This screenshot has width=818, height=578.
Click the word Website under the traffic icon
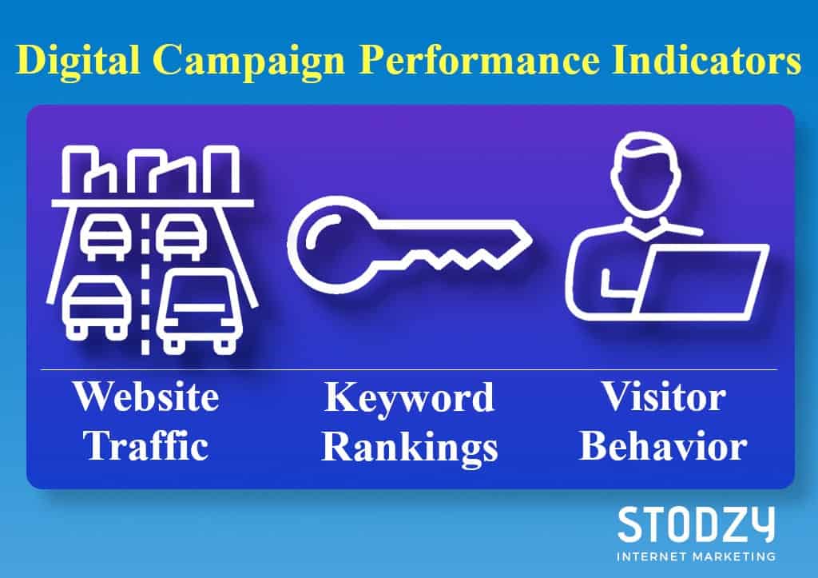click(146, 397)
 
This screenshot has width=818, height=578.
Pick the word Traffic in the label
click(146, 445)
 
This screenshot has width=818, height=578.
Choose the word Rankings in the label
click(410, 448)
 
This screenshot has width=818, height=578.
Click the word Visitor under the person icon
click(663, 397)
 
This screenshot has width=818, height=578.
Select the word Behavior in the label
click(663, 445)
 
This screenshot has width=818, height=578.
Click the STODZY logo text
click(696, 525)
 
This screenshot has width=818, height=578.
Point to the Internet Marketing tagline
click(696, 556)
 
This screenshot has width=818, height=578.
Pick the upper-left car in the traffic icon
click(105, 237)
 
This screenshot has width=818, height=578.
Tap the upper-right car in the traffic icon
click(181, 237)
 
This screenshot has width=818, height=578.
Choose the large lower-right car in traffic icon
click(199, 311)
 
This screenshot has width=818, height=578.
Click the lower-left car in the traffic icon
click(97, 308)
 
